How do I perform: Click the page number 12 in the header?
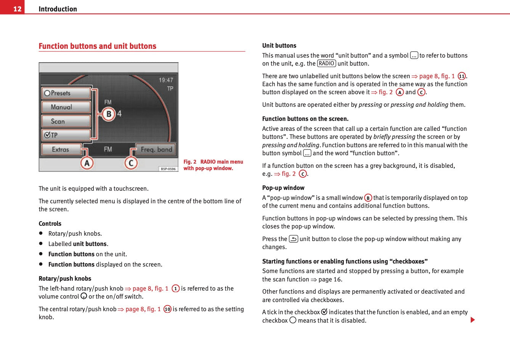(17, 9)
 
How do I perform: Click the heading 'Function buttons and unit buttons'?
(97, 46)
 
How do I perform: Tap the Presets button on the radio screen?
(66, 93)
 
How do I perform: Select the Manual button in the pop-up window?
(66, 107)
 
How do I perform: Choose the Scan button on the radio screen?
(66, 121)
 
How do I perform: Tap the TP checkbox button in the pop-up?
(66, 135)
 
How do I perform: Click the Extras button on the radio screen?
(61, 149)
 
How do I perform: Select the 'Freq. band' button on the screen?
(156, 149)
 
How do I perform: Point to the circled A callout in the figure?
(87, 163)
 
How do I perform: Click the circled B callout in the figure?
(109, 114)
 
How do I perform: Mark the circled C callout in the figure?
(131, 163)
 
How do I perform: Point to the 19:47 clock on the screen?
(166, 80)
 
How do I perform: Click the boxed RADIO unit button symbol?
(326, 64)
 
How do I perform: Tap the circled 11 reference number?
(462, 76)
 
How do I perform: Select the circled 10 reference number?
(167, 309)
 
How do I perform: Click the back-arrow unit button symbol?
(293, 239)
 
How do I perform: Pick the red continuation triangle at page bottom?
(473, 320)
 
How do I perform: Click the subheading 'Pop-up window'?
(283, 188)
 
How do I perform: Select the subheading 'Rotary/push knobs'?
(65, 278)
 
